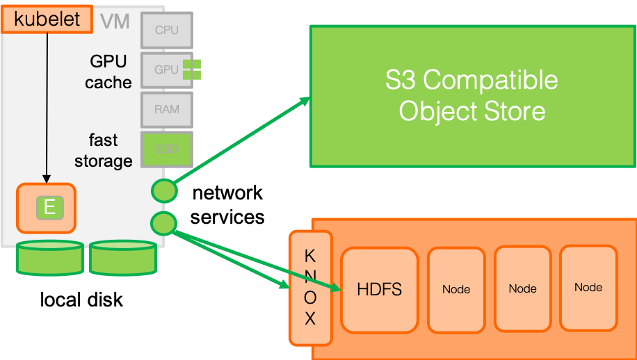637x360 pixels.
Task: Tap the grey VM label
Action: [115, 21]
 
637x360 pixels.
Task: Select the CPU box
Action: [166, 30]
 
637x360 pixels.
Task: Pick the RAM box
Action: [166, 109]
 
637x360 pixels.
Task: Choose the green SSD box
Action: [166, 149]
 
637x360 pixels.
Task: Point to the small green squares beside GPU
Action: [192, 69]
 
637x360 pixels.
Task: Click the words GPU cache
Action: [108, 72]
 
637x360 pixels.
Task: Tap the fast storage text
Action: [104, 151]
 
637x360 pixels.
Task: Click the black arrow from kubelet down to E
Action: [47, 104]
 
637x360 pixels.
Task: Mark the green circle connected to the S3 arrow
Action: [164, 190]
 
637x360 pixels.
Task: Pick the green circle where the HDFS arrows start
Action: [163, 224]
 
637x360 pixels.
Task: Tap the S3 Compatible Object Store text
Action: [471, 96]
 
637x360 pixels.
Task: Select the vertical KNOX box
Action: [310, 288]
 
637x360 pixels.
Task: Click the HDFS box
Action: [379, 289]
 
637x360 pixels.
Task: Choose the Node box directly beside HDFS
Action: [456, 289]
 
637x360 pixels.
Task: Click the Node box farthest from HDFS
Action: [588, 287]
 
